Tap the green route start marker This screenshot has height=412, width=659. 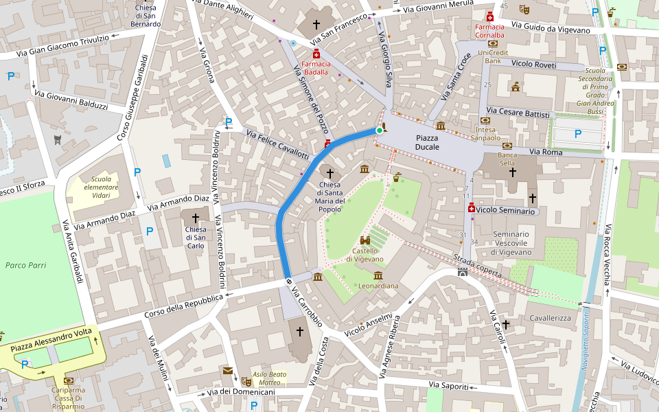(379, 130)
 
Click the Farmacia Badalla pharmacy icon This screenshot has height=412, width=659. (316, 54)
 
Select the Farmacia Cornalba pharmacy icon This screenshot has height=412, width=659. (490, 17)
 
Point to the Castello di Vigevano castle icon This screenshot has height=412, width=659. (365, 240)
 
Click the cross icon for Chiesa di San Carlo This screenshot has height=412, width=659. (196, 218)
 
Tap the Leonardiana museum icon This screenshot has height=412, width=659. (378, 275)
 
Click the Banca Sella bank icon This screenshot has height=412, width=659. (507, 146)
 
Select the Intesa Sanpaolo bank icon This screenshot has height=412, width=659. (485, 121)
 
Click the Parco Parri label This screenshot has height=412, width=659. (25, 264)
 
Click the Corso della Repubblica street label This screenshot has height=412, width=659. (183, 306)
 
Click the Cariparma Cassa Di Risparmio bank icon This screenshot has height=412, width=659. (68, 380)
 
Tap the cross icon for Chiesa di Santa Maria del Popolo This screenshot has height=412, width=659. (330, 174)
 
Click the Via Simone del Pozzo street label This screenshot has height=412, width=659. (310, 100)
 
